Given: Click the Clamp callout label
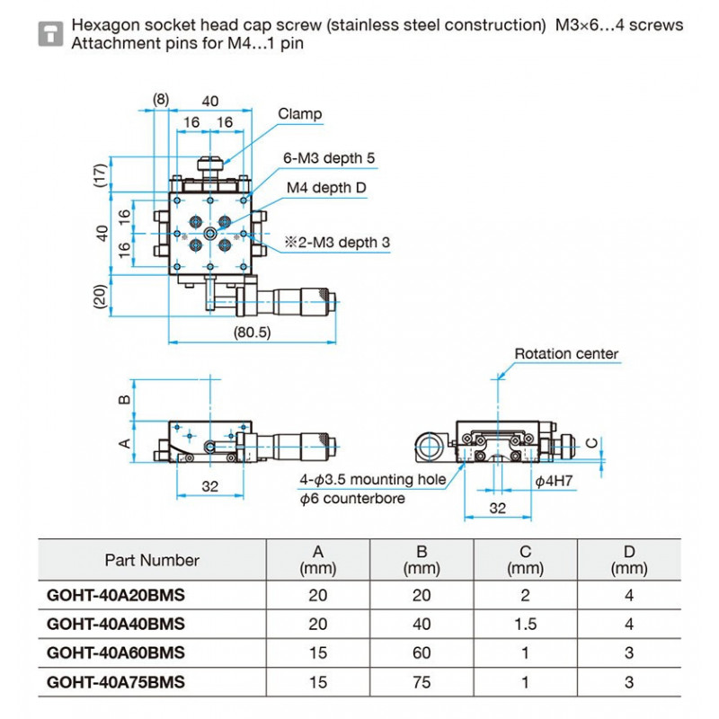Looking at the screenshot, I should click(299, 114).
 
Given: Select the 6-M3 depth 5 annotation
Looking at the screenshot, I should click(329, 158).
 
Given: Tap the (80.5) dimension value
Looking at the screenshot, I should click(252, 332).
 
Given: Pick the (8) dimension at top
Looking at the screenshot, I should click(160, 98).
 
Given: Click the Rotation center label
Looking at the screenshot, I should click(566, 353).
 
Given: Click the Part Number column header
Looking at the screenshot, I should click(152, 560).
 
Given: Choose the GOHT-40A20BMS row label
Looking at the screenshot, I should click(115, 595).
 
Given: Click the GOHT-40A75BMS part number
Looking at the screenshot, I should click(115, 682).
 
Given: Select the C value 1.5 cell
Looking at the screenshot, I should click(525, 624).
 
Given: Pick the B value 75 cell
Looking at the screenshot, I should click(422, 682).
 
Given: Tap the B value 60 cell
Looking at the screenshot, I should click(422, 653).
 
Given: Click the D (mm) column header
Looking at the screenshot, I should click(628, 560).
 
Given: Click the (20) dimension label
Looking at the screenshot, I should click(101, 296).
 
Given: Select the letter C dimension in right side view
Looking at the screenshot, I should click(590, 442).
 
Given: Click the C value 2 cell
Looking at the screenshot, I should click(525, 595).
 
